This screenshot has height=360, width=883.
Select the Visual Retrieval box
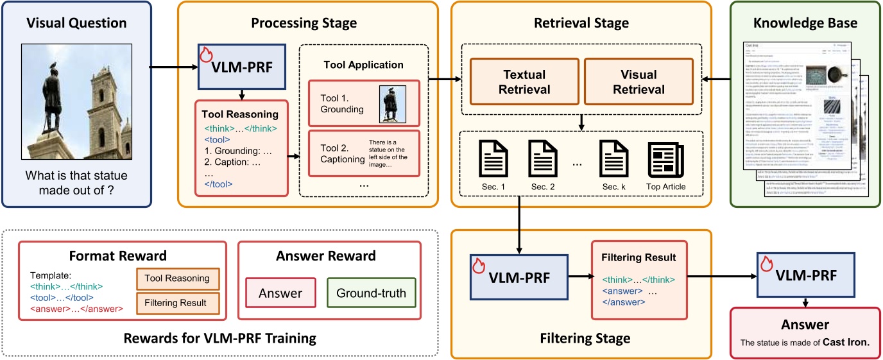(630, 81)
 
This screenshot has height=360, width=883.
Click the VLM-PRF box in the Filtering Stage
(519, 277)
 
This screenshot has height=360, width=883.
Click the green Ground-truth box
(371, 294)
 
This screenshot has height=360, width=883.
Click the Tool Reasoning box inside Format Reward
(178, 279)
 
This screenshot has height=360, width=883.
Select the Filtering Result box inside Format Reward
(178, 302)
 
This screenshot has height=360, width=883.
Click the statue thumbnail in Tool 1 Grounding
(392, 103)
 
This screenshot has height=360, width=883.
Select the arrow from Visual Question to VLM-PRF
(170, 66)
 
